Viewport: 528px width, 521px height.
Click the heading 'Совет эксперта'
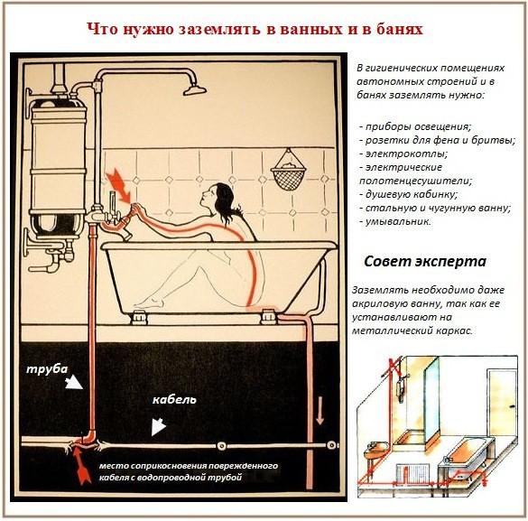[x=425, y=262]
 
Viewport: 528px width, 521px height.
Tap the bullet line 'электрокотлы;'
[x=396, y=154]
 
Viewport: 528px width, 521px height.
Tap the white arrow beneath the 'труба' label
[x=72, y=383]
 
